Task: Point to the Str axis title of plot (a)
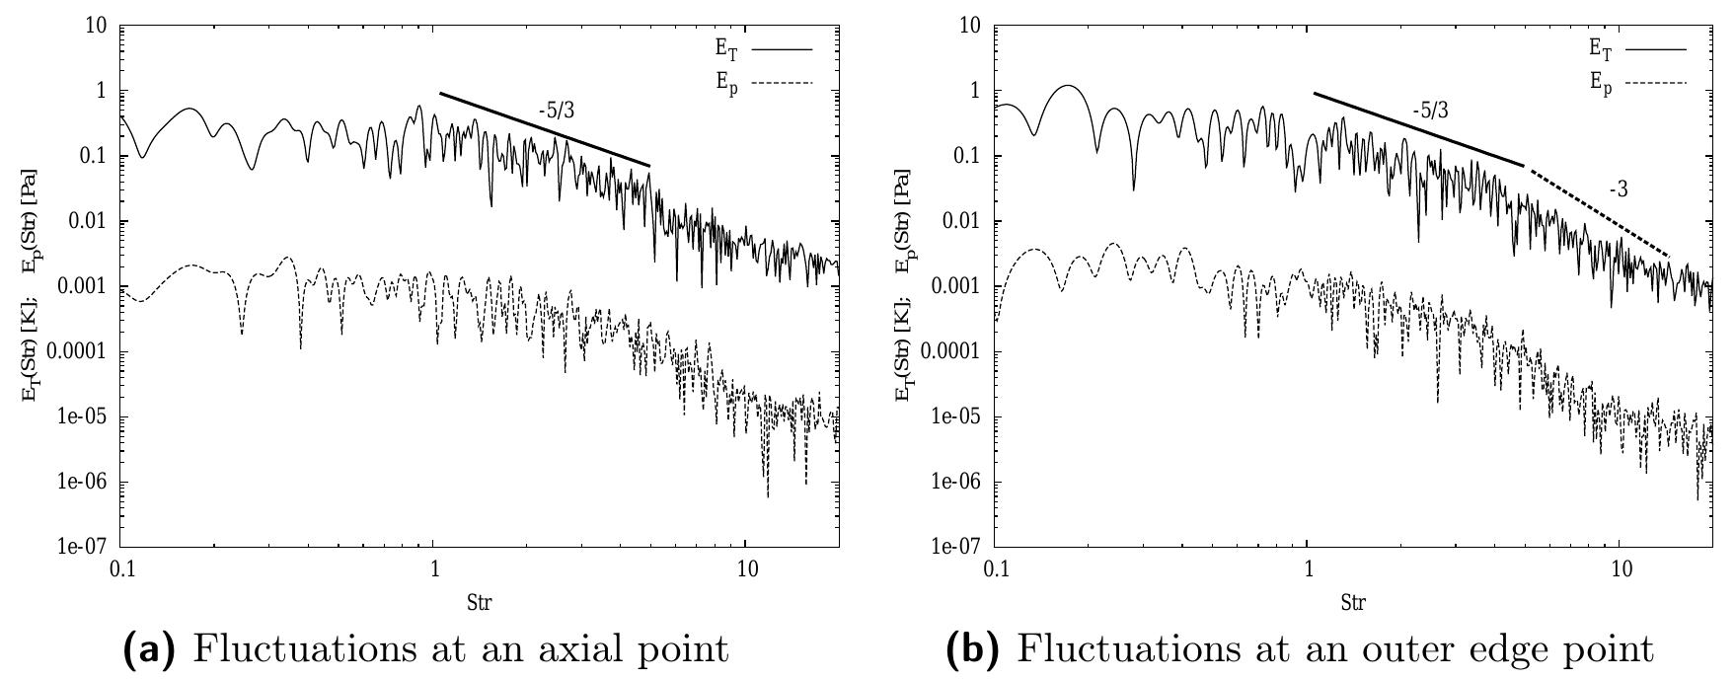pyautogui.click(x=480, y=600)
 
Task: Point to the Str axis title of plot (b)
pyautogui.click(x=1354, y=600)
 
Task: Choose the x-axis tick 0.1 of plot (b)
pyautogui.click(x=998, y=570)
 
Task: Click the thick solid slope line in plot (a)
pyautogui.click(x=544, y=129)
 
